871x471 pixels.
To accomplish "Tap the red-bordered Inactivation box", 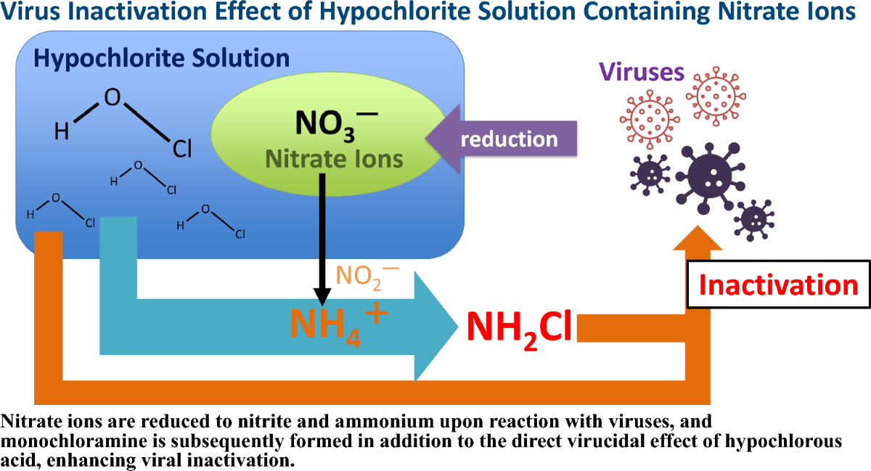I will point(778,284).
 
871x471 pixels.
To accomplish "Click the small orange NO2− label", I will point(367,275).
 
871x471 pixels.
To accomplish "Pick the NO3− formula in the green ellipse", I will point(335,123).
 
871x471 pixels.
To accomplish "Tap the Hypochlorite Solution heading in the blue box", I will point(161,57).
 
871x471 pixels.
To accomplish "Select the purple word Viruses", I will point(641,72).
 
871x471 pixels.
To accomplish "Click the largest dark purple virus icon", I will point(707,174).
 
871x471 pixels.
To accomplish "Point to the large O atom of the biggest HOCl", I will point(113,98).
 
